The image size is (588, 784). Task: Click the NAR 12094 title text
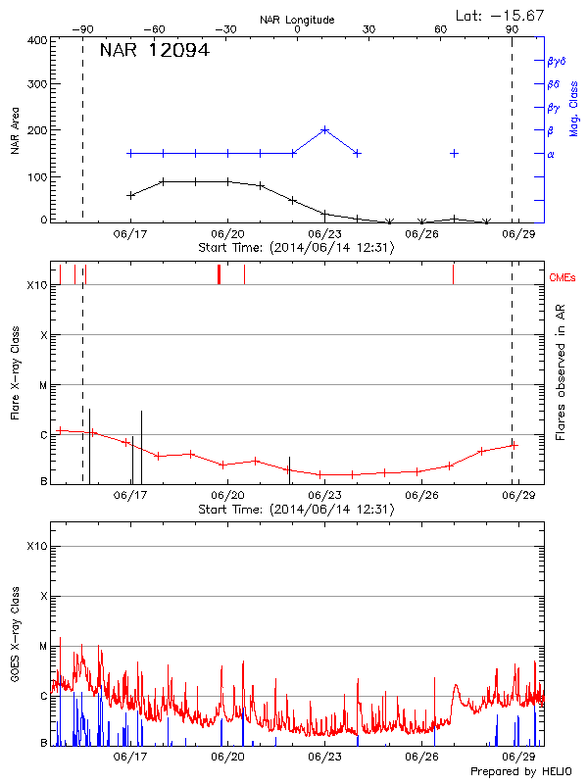pyautogui.click(x=154, y=51)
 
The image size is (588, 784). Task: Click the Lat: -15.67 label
pyautogui.click(x=501, y=15)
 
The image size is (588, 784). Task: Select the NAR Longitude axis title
pyautogui.click(x=297, y=19)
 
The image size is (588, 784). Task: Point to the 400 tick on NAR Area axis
pyautogui.click(x=36, y=41)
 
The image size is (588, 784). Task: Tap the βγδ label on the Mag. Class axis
pyautogui.click(x=555, y=61)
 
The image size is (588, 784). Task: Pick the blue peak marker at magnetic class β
pyautogui.click(x=324, y=129)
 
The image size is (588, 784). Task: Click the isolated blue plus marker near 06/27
pyautogui.click(x=454, y=153)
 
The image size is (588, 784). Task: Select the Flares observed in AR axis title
pyautogui.click(x=561, y=371)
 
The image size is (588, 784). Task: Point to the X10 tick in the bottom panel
pyautogui.click(x=36, y=546)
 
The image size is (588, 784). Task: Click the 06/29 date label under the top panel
pyautogui.click(x=517, y=234)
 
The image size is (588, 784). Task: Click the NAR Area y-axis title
pyautogui.click(x=15, y=130)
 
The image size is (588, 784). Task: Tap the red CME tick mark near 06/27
pyautogui.click(x=453, y=273)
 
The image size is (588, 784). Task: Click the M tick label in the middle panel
pyautogui.click(x=43, y=385)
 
